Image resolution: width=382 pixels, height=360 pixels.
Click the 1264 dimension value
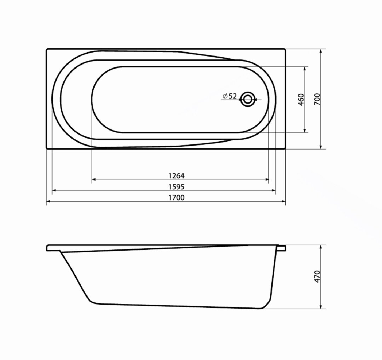click(176, 176)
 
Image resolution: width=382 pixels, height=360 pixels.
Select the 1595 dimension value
click(176, 187)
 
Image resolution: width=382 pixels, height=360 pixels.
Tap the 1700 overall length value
click(176, 198)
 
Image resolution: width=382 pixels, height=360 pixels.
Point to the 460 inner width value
click(301, 99)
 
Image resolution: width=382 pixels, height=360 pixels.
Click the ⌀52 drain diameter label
click(230, 96)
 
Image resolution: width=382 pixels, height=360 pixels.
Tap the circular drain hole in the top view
click(248, 99)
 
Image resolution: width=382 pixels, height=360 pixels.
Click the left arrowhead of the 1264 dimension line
click(94, 180)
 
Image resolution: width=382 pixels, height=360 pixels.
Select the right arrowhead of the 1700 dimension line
click(283, 202)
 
